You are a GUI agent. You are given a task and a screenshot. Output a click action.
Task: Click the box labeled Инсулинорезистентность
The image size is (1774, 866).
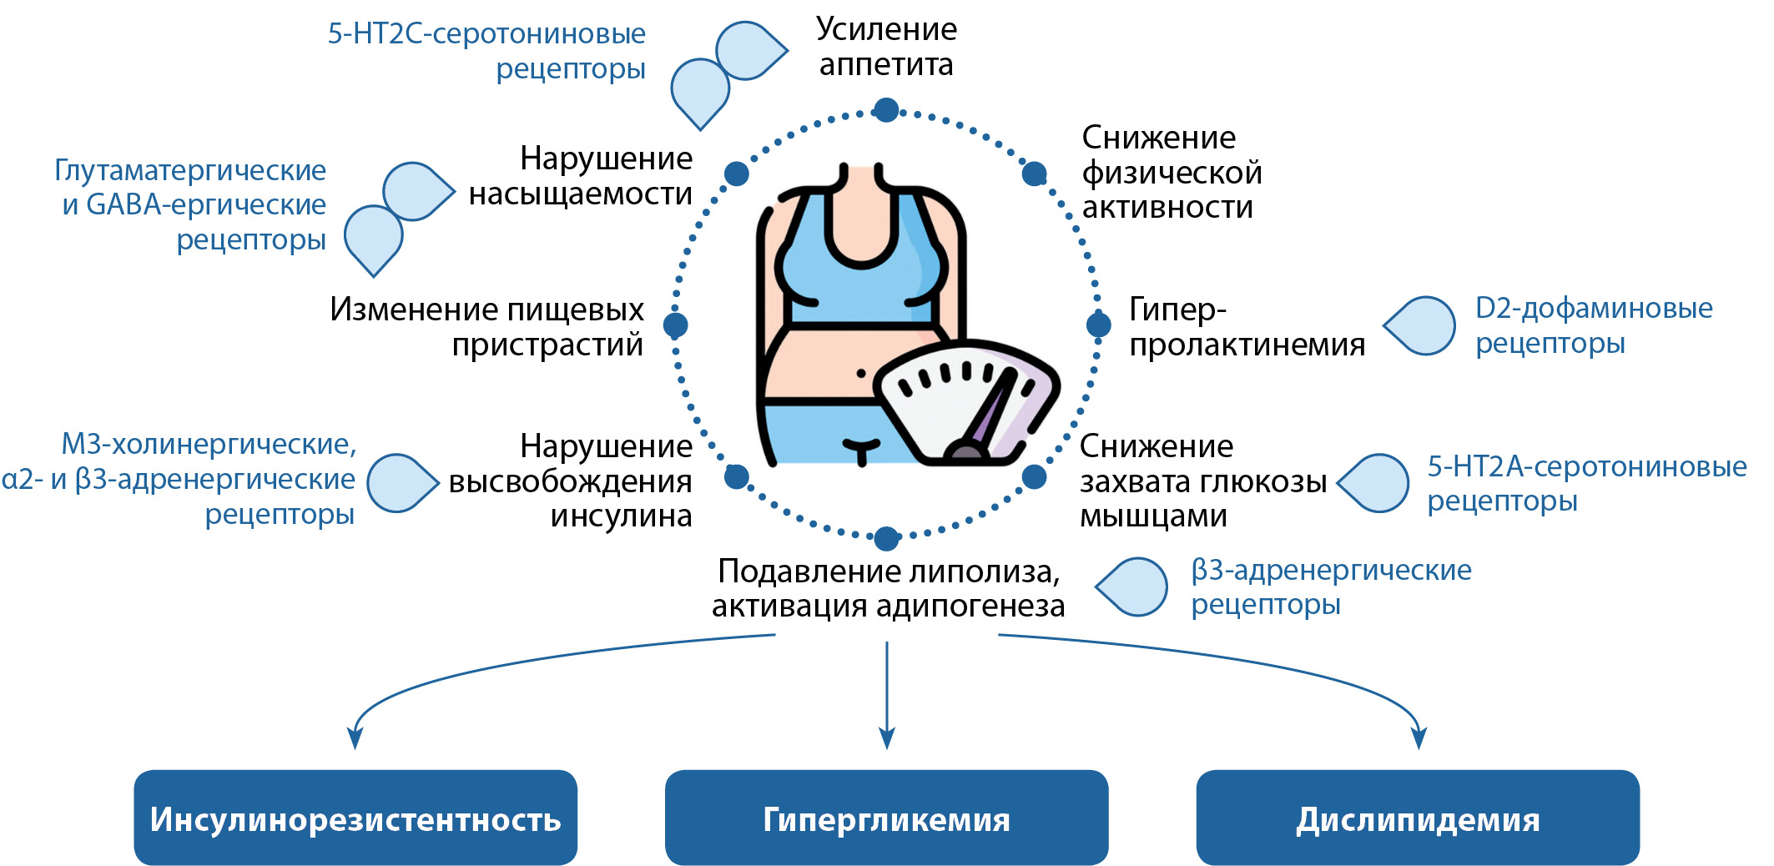click(x=355, y=818)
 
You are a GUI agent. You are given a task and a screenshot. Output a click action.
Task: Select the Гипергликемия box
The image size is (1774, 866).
click(x=886, y=818)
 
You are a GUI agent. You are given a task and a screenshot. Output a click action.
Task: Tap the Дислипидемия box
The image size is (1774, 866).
click(x=1418, y=818)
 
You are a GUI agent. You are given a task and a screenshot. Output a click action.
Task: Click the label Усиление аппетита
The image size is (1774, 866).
click(x=886, y=47)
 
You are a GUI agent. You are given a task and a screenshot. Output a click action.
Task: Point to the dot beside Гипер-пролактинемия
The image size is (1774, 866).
click(x=1099, y=325)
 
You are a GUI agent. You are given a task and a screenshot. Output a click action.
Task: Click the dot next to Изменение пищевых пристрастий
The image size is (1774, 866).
click(x=675, y=325)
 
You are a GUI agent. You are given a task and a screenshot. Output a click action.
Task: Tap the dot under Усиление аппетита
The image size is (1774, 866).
click(x=886, y=109)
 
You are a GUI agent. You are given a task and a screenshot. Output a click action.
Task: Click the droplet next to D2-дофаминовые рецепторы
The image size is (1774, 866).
click(x=1421, y=326)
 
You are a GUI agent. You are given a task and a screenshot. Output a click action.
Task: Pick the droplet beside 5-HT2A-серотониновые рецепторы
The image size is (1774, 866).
click(x=1374, y=483)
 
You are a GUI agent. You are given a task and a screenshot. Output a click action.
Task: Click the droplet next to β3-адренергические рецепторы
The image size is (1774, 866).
click(x=1132, y=587)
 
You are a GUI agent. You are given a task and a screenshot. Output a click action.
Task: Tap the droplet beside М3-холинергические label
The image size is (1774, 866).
click(x=402, y=483)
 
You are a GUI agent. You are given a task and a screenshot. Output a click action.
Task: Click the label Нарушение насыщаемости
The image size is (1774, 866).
click(x=581, y=175)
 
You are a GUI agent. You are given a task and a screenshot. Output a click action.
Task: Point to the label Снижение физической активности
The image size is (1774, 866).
click(x=1172, y=173)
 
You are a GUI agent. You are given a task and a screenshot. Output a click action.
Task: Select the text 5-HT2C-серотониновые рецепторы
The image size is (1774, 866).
click(x=487, y=50)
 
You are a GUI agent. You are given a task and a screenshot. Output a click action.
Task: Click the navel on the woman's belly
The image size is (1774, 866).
click(x=861, y=373)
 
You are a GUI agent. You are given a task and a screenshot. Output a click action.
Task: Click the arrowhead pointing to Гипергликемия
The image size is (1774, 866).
click(x=887, y=738)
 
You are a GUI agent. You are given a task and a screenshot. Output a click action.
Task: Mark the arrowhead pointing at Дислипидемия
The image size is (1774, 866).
click(x=1419, y=738)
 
